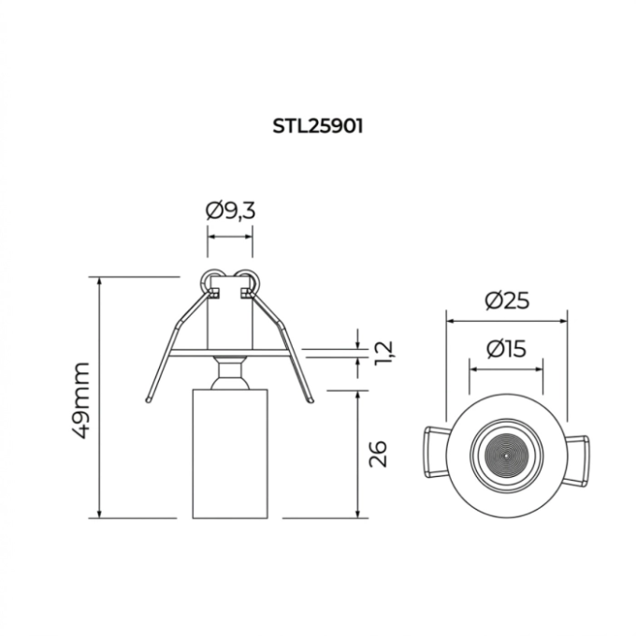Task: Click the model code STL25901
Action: pyautogui.click(x=318, y=126)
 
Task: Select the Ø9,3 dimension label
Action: pyautogui.click(x=231, y=211)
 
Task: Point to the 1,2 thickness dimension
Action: pyautogui.click(x=383, y=353)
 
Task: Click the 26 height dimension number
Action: pyautogui.click(x=378, y=454)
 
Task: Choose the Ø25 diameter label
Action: pyautogui.click(x=507, y=301)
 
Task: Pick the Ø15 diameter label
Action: pyautogui.click(x=506, y=349)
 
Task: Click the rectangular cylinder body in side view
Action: pyautogui.click(x=230, y=454)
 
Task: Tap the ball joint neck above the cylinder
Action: pyautogui.click(x=230, y=372)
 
